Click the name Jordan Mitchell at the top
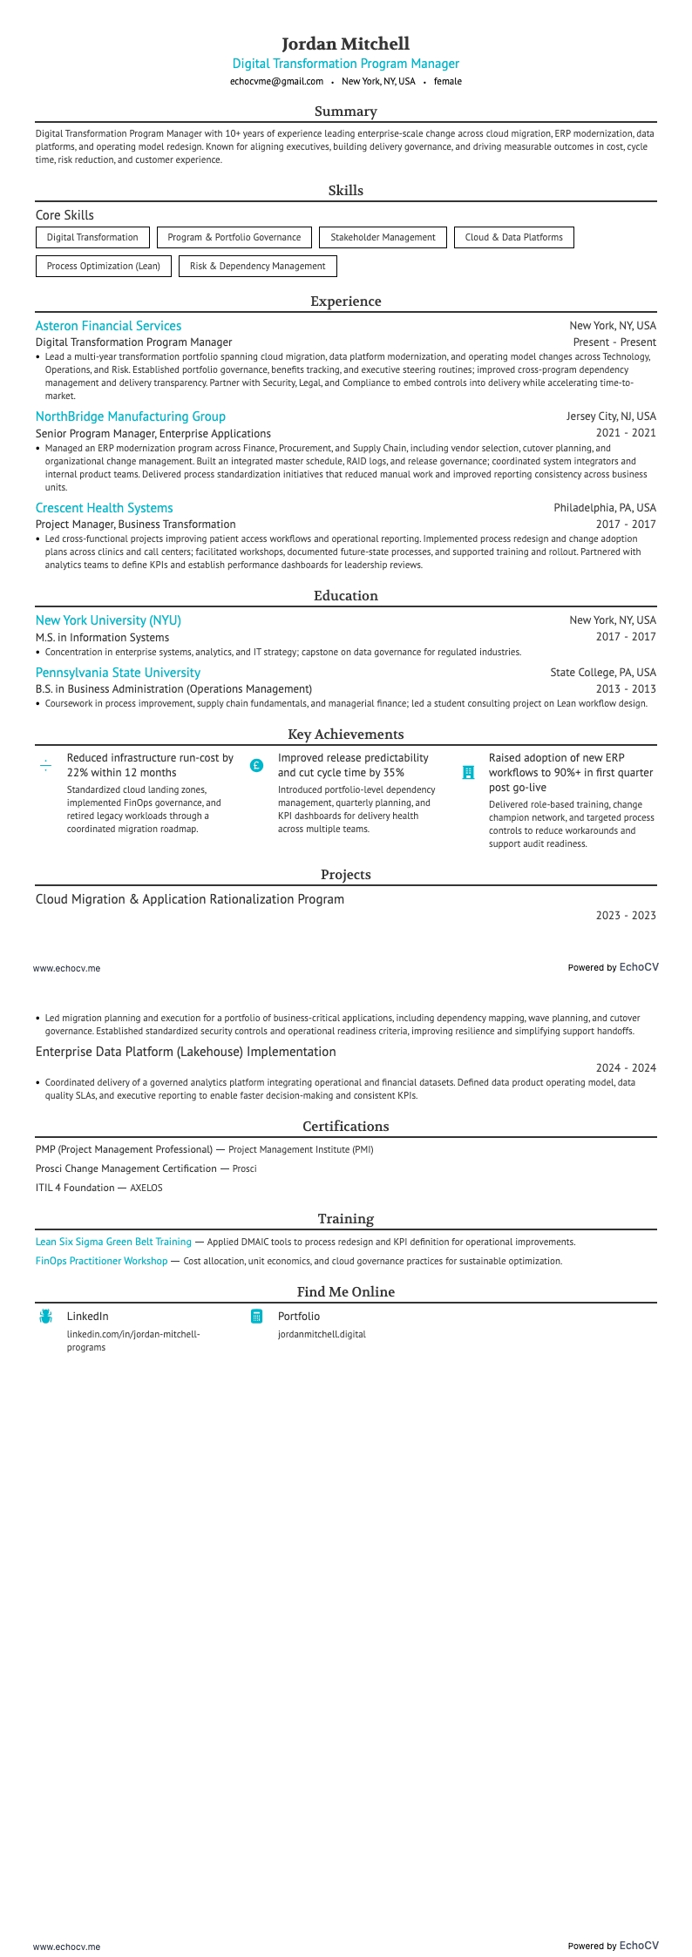[x=346, y=44]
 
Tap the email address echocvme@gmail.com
[x=276, y=81]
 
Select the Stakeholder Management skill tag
[x=383, y=237]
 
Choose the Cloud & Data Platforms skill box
[x=513, y=237]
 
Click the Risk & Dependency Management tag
[x=257, y=266]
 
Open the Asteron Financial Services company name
[x=108, y=326]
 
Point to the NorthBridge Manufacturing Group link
[x=131, y=416]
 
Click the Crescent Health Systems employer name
[x=104, y=508]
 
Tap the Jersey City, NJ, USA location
[x=611, y=416]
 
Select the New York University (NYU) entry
[x=108, y=620]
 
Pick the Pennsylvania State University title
[x=118, y=673]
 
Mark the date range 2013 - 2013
[x=626, y=689]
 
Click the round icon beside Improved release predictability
[x=256, y=766]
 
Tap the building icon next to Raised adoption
[x=468, y=772]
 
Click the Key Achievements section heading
[x=346, y=735]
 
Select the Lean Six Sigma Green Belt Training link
[x=113, y=1242]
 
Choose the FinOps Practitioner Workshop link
[x=101, y=1261]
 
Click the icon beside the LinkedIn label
[x=45, y=1317]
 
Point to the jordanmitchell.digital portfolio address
[x=322, y=1334]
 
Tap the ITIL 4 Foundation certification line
[x=98, y=1188]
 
